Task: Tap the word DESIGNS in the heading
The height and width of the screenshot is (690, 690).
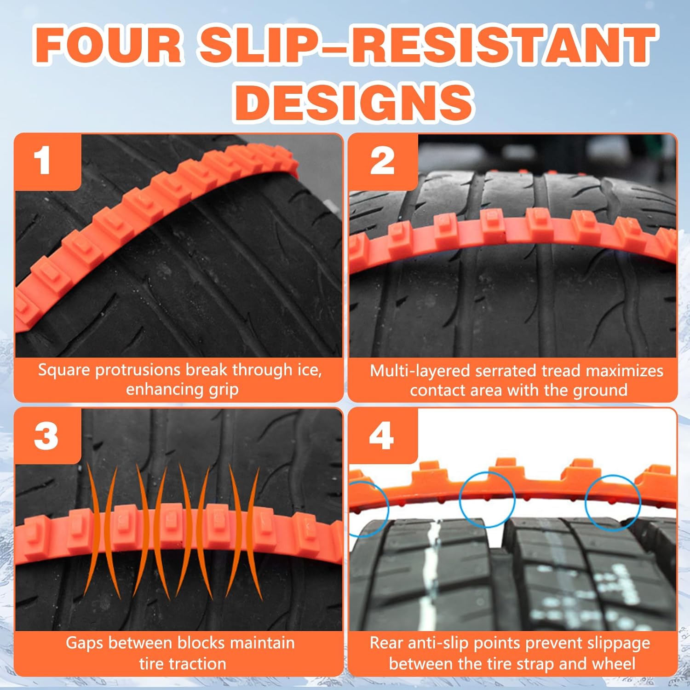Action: click(x=354, y=102)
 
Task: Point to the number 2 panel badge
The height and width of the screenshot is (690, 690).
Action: click(x=382, y=161)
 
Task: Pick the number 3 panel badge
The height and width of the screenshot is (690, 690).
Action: click(x=46, y=436)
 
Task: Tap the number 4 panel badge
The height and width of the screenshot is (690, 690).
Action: click(x=381, y=436)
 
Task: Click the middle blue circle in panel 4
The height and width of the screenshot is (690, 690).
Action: click(x=488, y=500)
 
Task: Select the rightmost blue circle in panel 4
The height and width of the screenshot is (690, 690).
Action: click(x=613, y=503)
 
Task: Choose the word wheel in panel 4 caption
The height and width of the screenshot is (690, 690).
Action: click(x=614, y=664)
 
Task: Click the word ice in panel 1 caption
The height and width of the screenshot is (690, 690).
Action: click(x=307, y=370)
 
